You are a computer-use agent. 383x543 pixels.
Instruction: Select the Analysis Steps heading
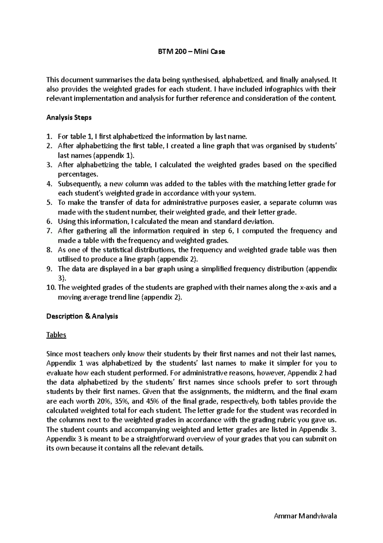pyautogui.click(x=69, y=117)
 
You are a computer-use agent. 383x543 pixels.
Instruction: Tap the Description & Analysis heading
pyautogui.click(x=82, y=316)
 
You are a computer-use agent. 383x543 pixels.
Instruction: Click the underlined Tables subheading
pyautogui.click(x=56, y=335)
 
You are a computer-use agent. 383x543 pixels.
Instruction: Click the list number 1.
pyautogui.click(x=49, y=137)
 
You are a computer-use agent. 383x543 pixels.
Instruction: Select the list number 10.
pyautogui.click(x=51, y=287)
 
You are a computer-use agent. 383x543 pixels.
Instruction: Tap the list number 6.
pyautogui.click(x=49, y=221)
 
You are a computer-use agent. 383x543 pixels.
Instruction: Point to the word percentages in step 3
pyautogui.click(x=76, y=175)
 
